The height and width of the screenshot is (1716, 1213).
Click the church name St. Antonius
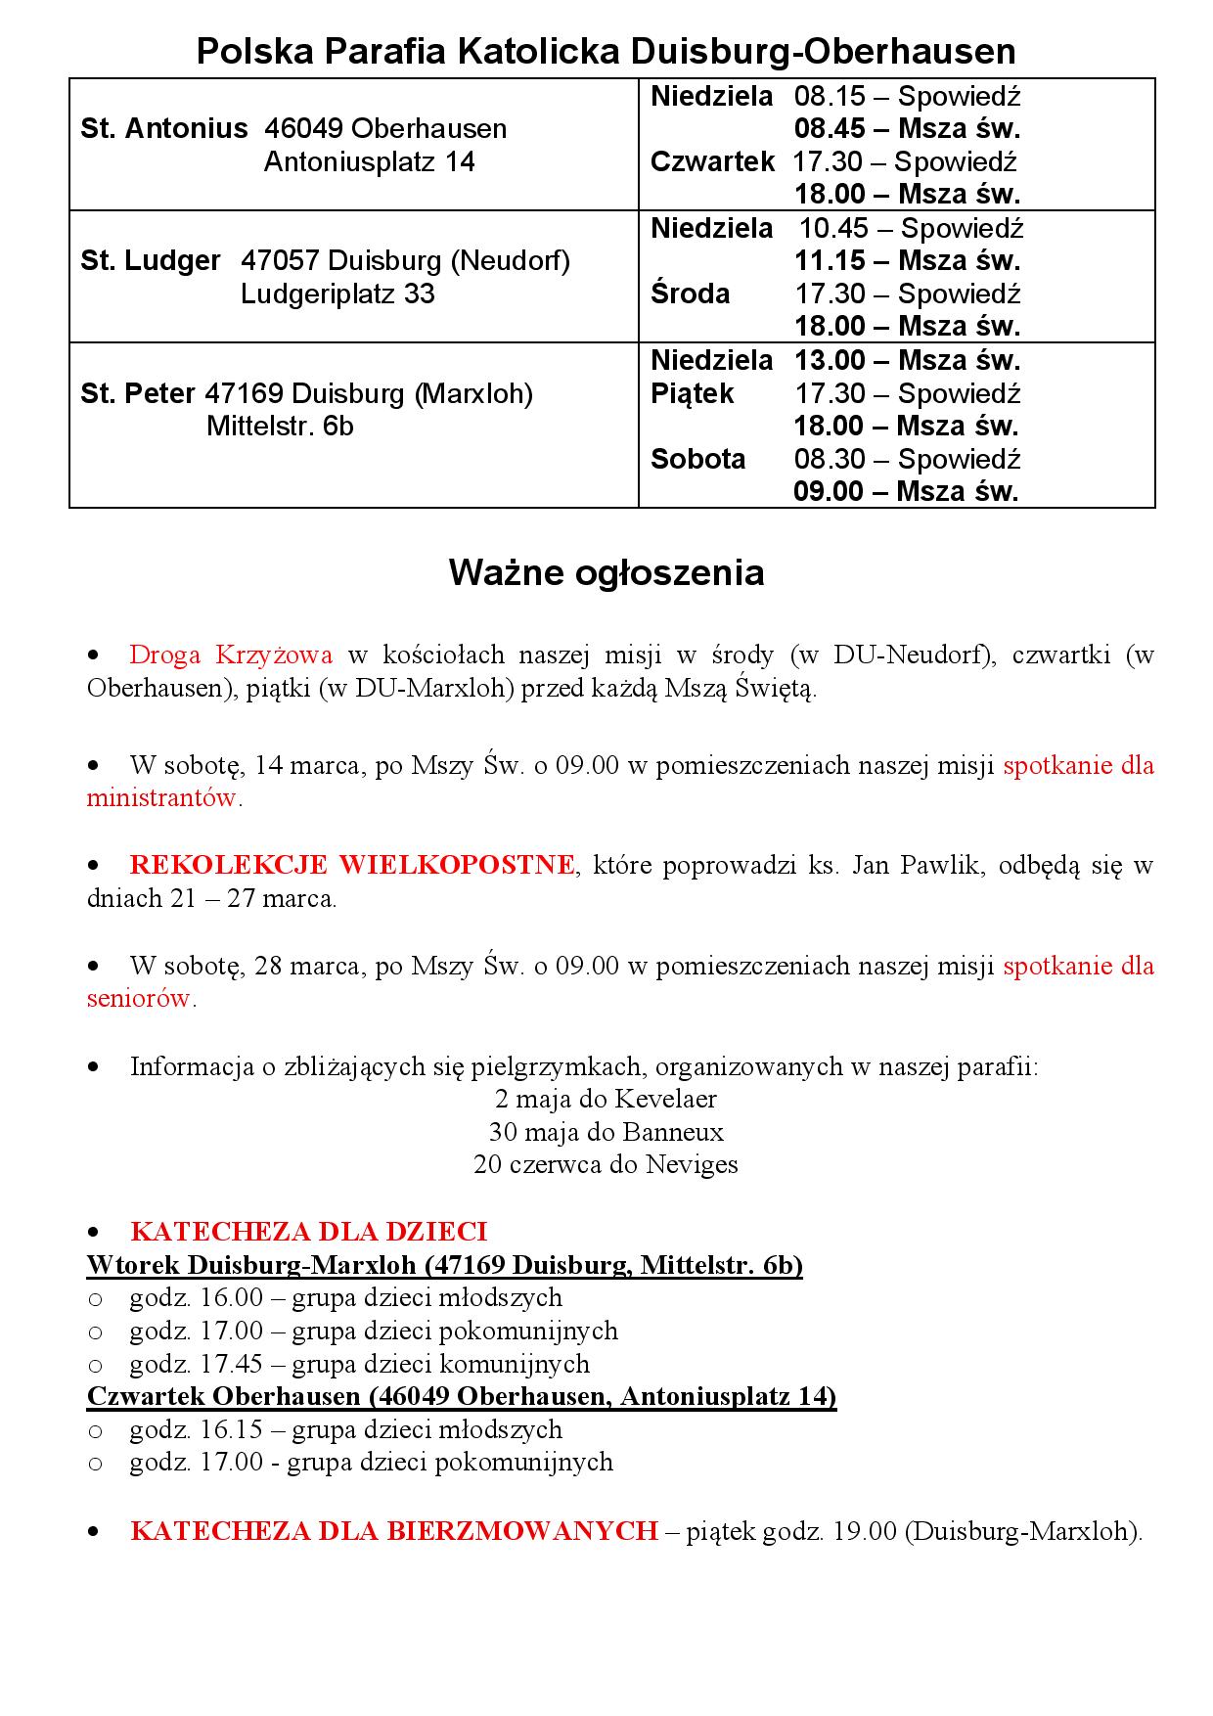pos(164,129)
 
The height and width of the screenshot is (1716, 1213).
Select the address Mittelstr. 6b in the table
pos(280,427)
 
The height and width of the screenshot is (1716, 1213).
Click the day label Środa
pos(690,294)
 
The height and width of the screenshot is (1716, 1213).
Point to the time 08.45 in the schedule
pos(828,129)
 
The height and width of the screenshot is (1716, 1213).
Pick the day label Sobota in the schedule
pos(697,459)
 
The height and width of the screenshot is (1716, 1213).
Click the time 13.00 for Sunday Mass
pos(828,360)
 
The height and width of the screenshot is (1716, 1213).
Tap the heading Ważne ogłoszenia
pos(606,572)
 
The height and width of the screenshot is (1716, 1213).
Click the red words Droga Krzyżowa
pos(231,655)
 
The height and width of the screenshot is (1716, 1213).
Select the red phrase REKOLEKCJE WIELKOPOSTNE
pos(352,865)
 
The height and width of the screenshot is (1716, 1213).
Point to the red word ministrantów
pos(162,797)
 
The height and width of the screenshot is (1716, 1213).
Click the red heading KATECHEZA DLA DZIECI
pos(308,1231)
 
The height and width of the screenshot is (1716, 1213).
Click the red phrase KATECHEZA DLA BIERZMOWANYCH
pos(393,1530)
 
